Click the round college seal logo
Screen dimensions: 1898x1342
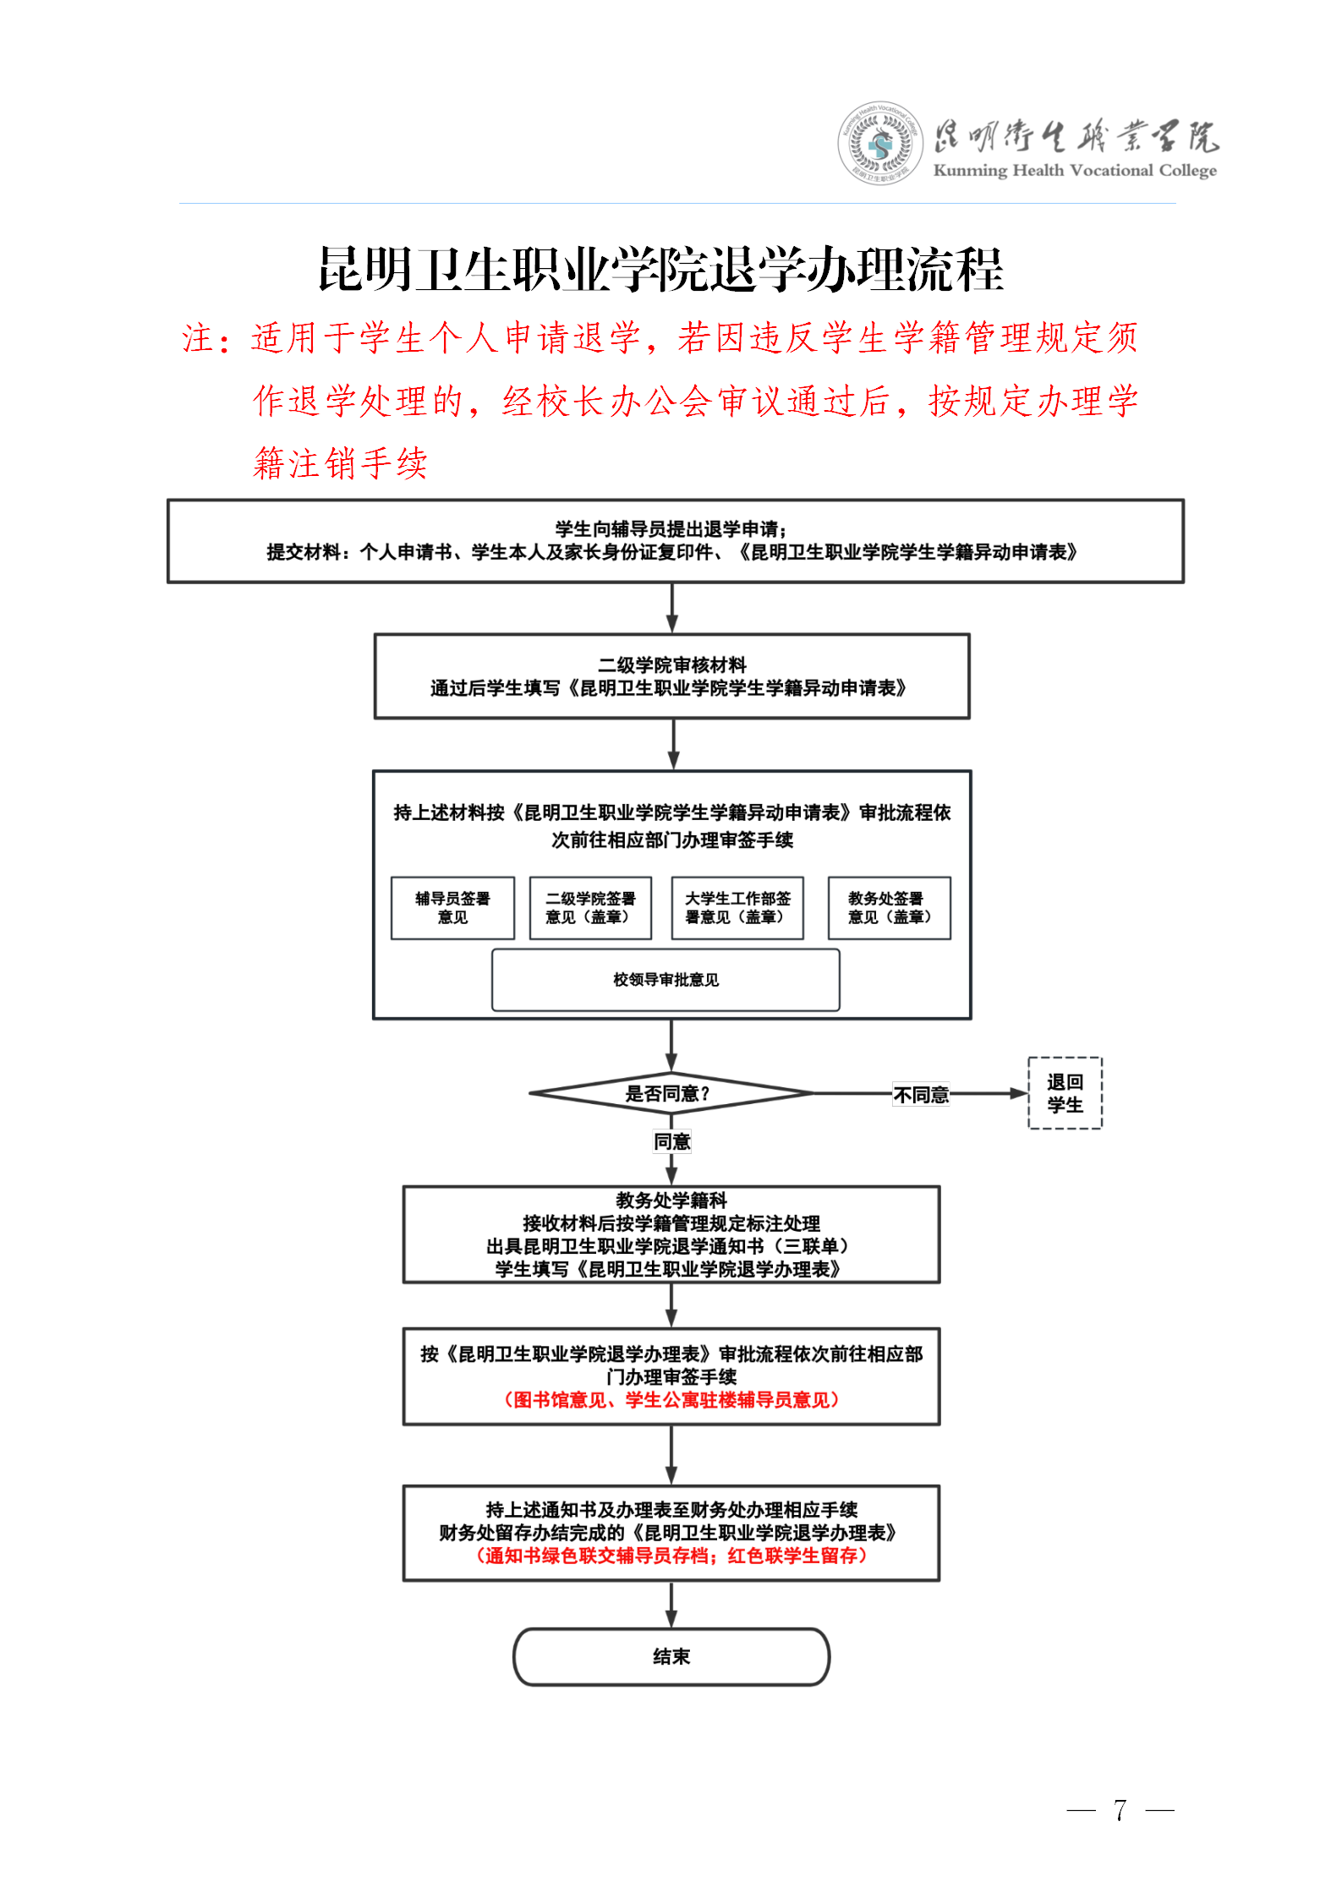click(880, 144)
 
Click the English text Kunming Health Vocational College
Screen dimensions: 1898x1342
click(1074, 171)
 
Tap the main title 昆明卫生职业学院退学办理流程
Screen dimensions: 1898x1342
click(660, 271)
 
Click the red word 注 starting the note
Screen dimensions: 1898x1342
click(198, 339)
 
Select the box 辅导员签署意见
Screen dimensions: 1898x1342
click(452, 908)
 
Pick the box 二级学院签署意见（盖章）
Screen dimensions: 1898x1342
click(590, 908)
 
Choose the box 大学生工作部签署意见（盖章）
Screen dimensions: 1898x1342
click(737, 908)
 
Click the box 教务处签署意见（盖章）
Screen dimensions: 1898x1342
click(889, 908)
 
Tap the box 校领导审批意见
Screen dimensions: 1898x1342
click(666, 980)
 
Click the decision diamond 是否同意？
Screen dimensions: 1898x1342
click(668, 1093)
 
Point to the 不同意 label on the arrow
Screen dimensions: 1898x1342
click(921, 1095)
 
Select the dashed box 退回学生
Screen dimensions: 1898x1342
click(1065, 1093)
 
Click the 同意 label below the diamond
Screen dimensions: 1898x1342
click(672, 1141)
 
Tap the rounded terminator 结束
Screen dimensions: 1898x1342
click(671, 1656)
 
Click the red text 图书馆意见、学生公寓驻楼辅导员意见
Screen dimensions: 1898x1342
click(671, 1400)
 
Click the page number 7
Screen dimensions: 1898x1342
click(1120, 1810)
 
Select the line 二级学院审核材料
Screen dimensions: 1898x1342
click(672, 665)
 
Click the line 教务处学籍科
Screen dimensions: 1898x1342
click(671, 1201)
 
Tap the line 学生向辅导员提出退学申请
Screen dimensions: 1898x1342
click(671, 529)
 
